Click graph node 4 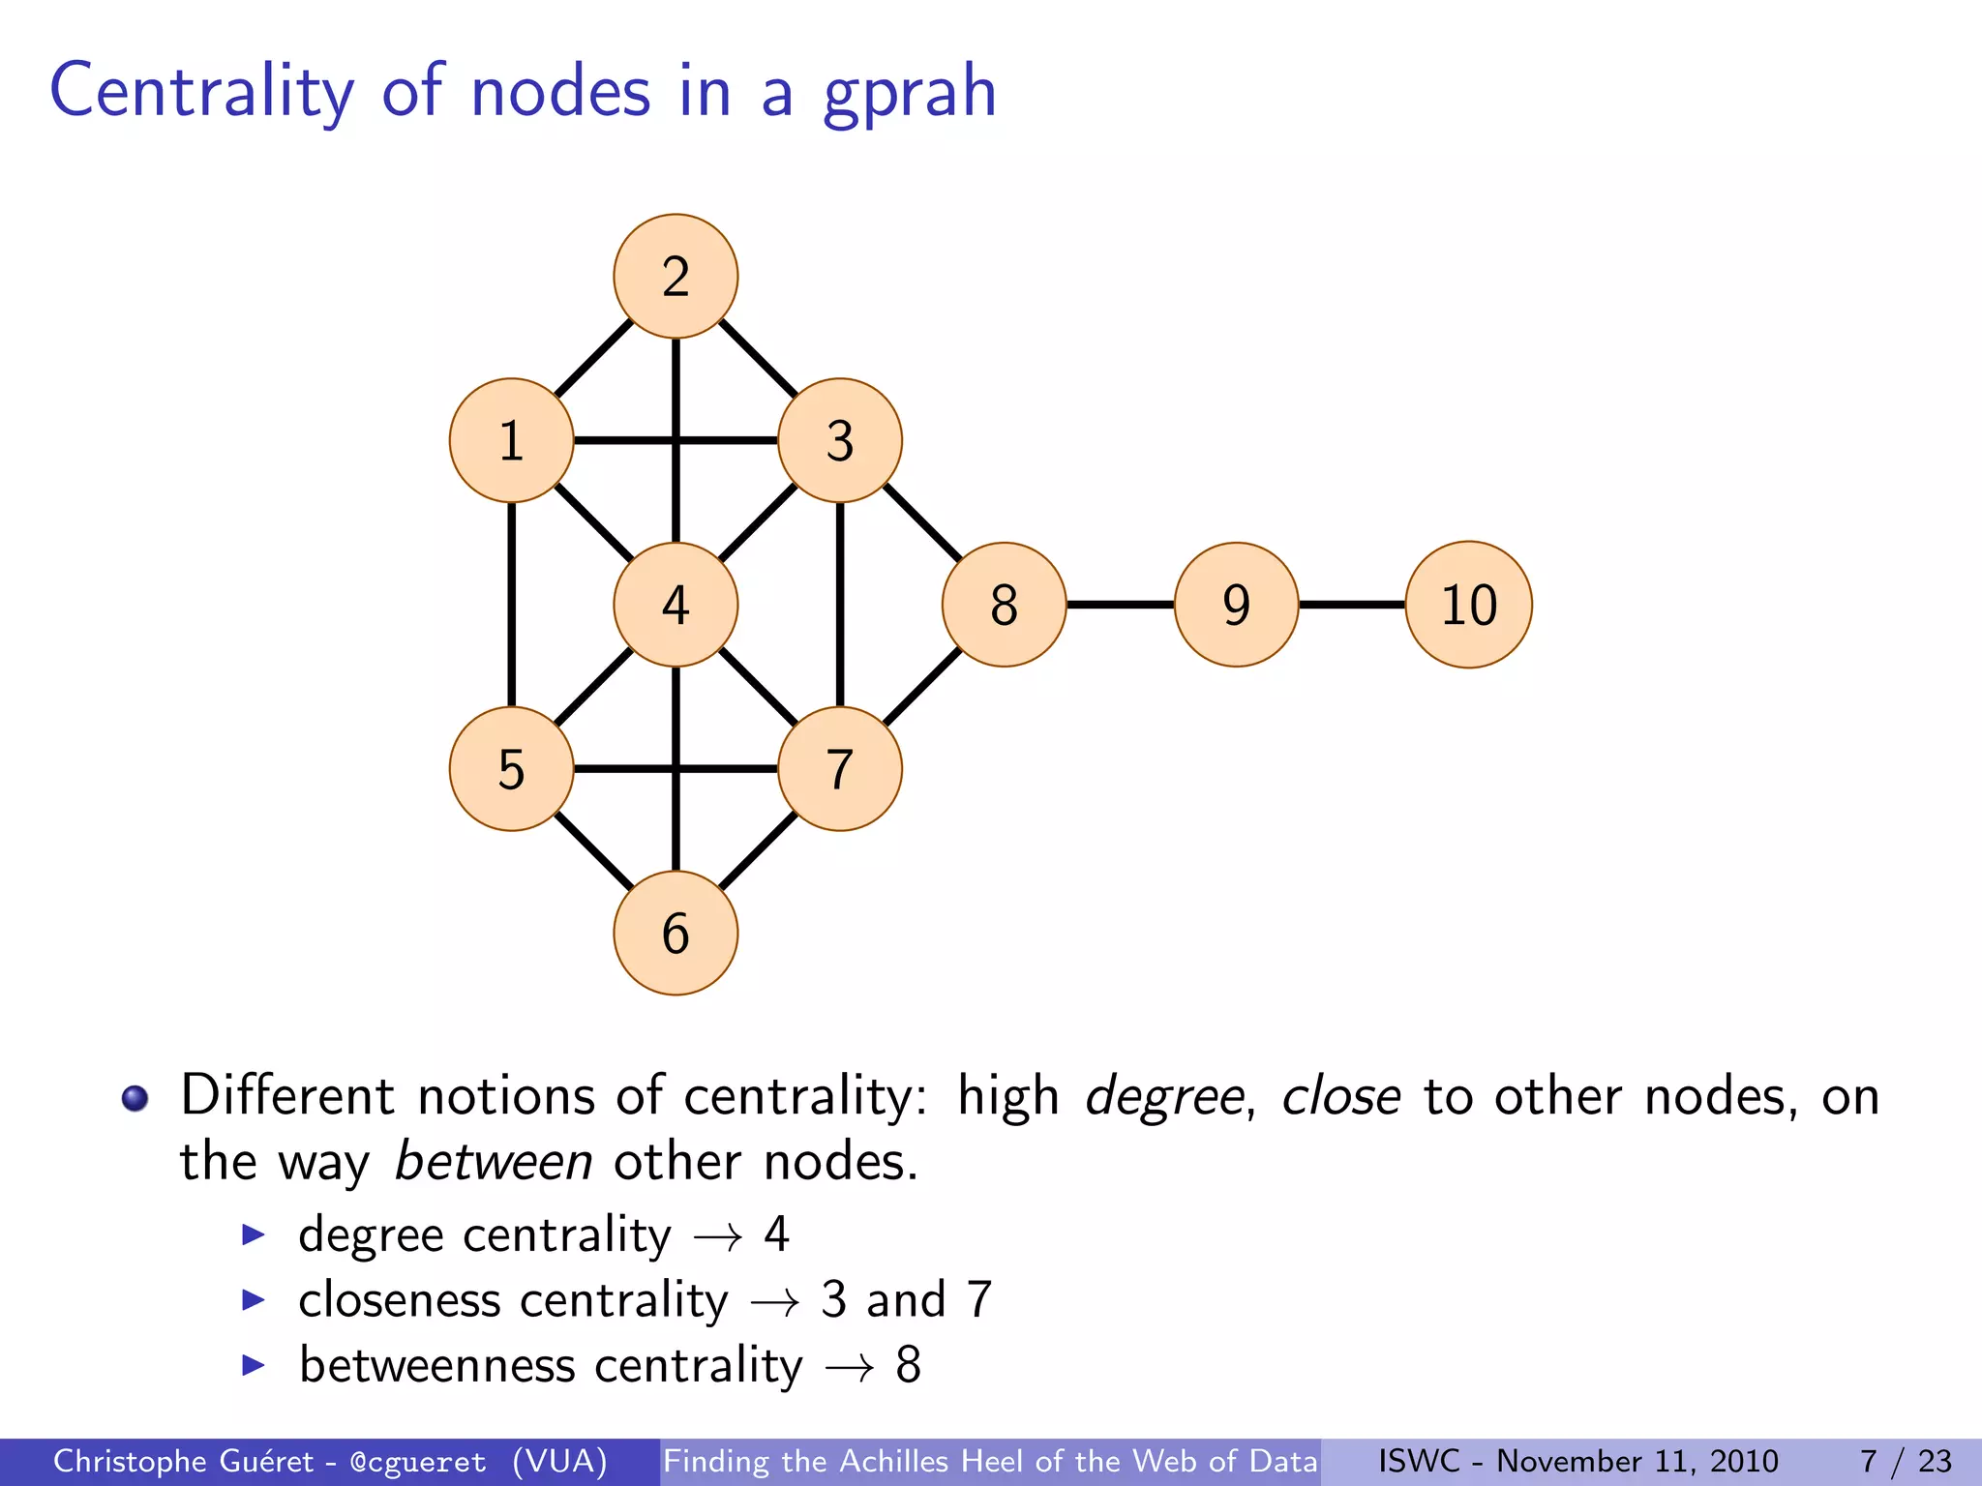676,605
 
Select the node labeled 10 1468,605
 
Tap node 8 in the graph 1004,605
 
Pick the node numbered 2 676,277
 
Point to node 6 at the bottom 676,933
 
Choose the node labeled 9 1236,605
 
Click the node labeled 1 511,440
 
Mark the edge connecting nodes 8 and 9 1120,605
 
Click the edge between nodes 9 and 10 1352,605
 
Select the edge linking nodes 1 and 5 511,605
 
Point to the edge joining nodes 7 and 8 922,687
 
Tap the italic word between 494,1162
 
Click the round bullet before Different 135,1099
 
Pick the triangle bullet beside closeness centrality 254,1299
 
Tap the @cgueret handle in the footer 418,1462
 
